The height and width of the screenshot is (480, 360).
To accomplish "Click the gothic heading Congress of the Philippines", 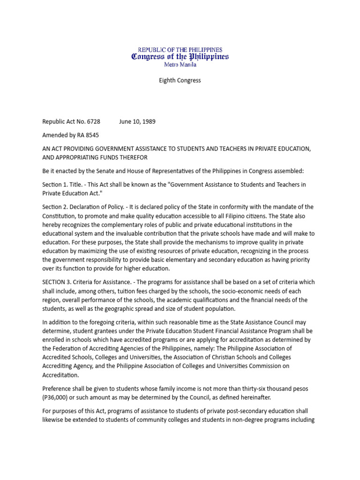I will coord(180,57).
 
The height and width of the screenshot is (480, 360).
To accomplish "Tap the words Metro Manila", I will coord(180,65).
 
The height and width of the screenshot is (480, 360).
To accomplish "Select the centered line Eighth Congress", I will coord(180,81).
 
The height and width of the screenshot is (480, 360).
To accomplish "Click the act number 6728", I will coord(92,122).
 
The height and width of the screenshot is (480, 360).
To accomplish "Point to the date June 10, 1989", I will coord(137,122).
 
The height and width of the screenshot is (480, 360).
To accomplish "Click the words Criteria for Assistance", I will coord(94,282).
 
